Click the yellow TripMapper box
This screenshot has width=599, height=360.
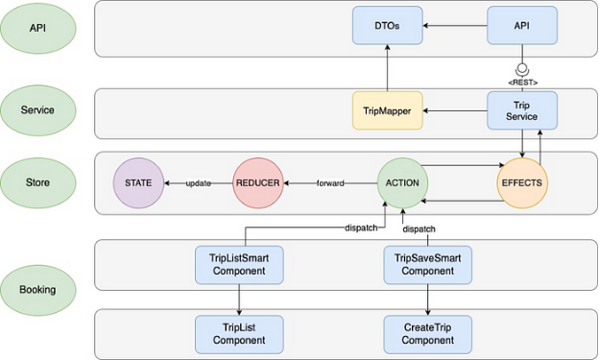click(386, 111)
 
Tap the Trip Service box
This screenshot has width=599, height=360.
click(520, 111)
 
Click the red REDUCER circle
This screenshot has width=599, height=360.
click(258, 182)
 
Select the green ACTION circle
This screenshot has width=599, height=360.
click(402, 182)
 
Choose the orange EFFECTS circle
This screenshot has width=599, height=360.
click(521, 182)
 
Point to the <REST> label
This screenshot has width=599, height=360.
click(521, 81)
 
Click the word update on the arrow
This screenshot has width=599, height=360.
click(199, 182)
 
